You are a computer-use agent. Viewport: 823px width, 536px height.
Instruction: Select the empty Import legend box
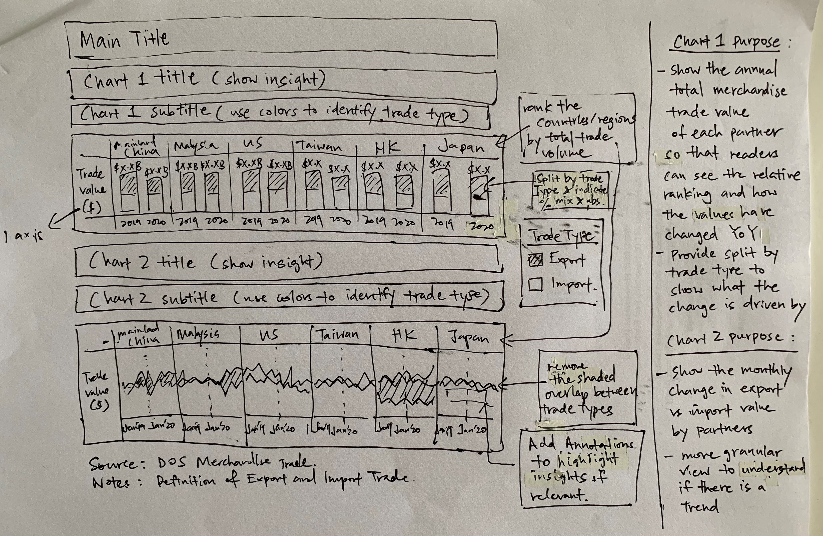tap(535, 284)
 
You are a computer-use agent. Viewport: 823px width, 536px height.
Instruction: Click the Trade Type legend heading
tap(563, 236)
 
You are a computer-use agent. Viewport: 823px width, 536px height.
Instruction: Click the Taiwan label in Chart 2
tap(338, 335)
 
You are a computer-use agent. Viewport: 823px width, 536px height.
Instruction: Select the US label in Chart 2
tap(269, 335)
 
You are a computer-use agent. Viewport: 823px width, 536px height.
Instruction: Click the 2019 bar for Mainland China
tap(128, 193)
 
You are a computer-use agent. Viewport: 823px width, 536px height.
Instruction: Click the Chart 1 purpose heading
tap(726, 42)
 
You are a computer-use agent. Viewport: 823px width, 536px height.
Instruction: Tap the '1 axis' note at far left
tap(23, 236)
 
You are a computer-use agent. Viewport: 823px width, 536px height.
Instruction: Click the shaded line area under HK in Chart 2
tap(404, 391)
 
